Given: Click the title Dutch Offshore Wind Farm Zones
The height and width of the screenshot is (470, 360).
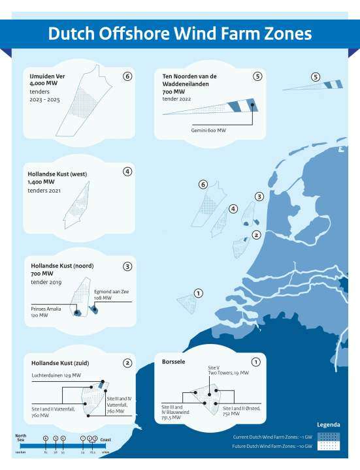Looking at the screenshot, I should tap(180, 34).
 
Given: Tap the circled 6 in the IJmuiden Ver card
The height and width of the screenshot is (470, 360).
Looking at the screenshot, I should tap(127, 76).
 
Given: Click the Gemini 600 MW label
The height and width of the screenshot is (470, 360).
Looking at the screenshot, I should tap(208, 130).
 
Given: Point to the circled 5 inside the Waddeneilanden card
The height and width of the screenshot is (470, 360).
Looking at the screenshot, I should tap(257, 76).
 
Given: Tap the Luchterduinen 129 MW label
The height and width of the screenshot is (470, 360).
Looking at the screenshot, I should tap(56, 375).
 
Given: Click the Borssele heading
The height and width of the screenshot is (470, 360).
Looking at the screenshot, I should tap(175, 360).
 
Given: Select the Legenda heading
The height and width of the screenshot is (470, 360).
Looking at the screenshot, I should tap(328, 424).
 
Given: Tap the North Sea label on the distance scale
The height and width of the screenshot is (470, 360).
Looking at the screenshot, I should tap(20, 438).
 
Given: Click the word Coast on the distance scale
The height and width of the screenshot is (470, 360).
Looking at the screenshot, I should tap(105, 439).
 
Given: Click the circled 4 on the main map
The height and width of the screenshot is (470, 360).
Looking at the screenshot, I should tap(233, 209).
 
